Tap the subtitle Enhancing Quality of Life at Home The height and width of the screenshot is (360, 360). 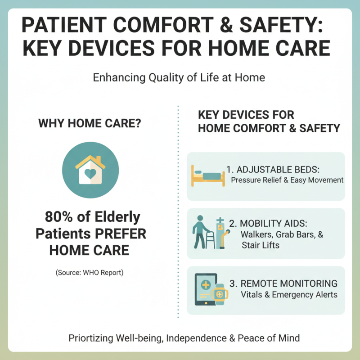pyautogui.click(x=179, y=77)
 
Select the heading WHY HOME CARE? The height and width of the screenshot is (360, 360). pyautogui.click(x=90, y=123)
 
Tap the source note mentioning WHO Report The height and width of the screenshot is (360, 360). pyautogui.click(x=90, y=273)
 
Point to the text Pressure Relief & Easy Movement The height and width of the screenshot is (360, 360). pyautogui.click(x=287, y=180)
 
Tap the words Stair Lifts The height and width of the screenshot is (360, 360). pyautogui.click(x=260, y=245)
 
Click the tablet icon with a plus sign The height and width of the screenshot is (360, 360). pyautogui.click(x=205, y=289)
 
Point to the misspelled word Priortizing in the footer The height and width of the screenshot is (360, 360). pyautogui.click(x=91, y=338)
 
